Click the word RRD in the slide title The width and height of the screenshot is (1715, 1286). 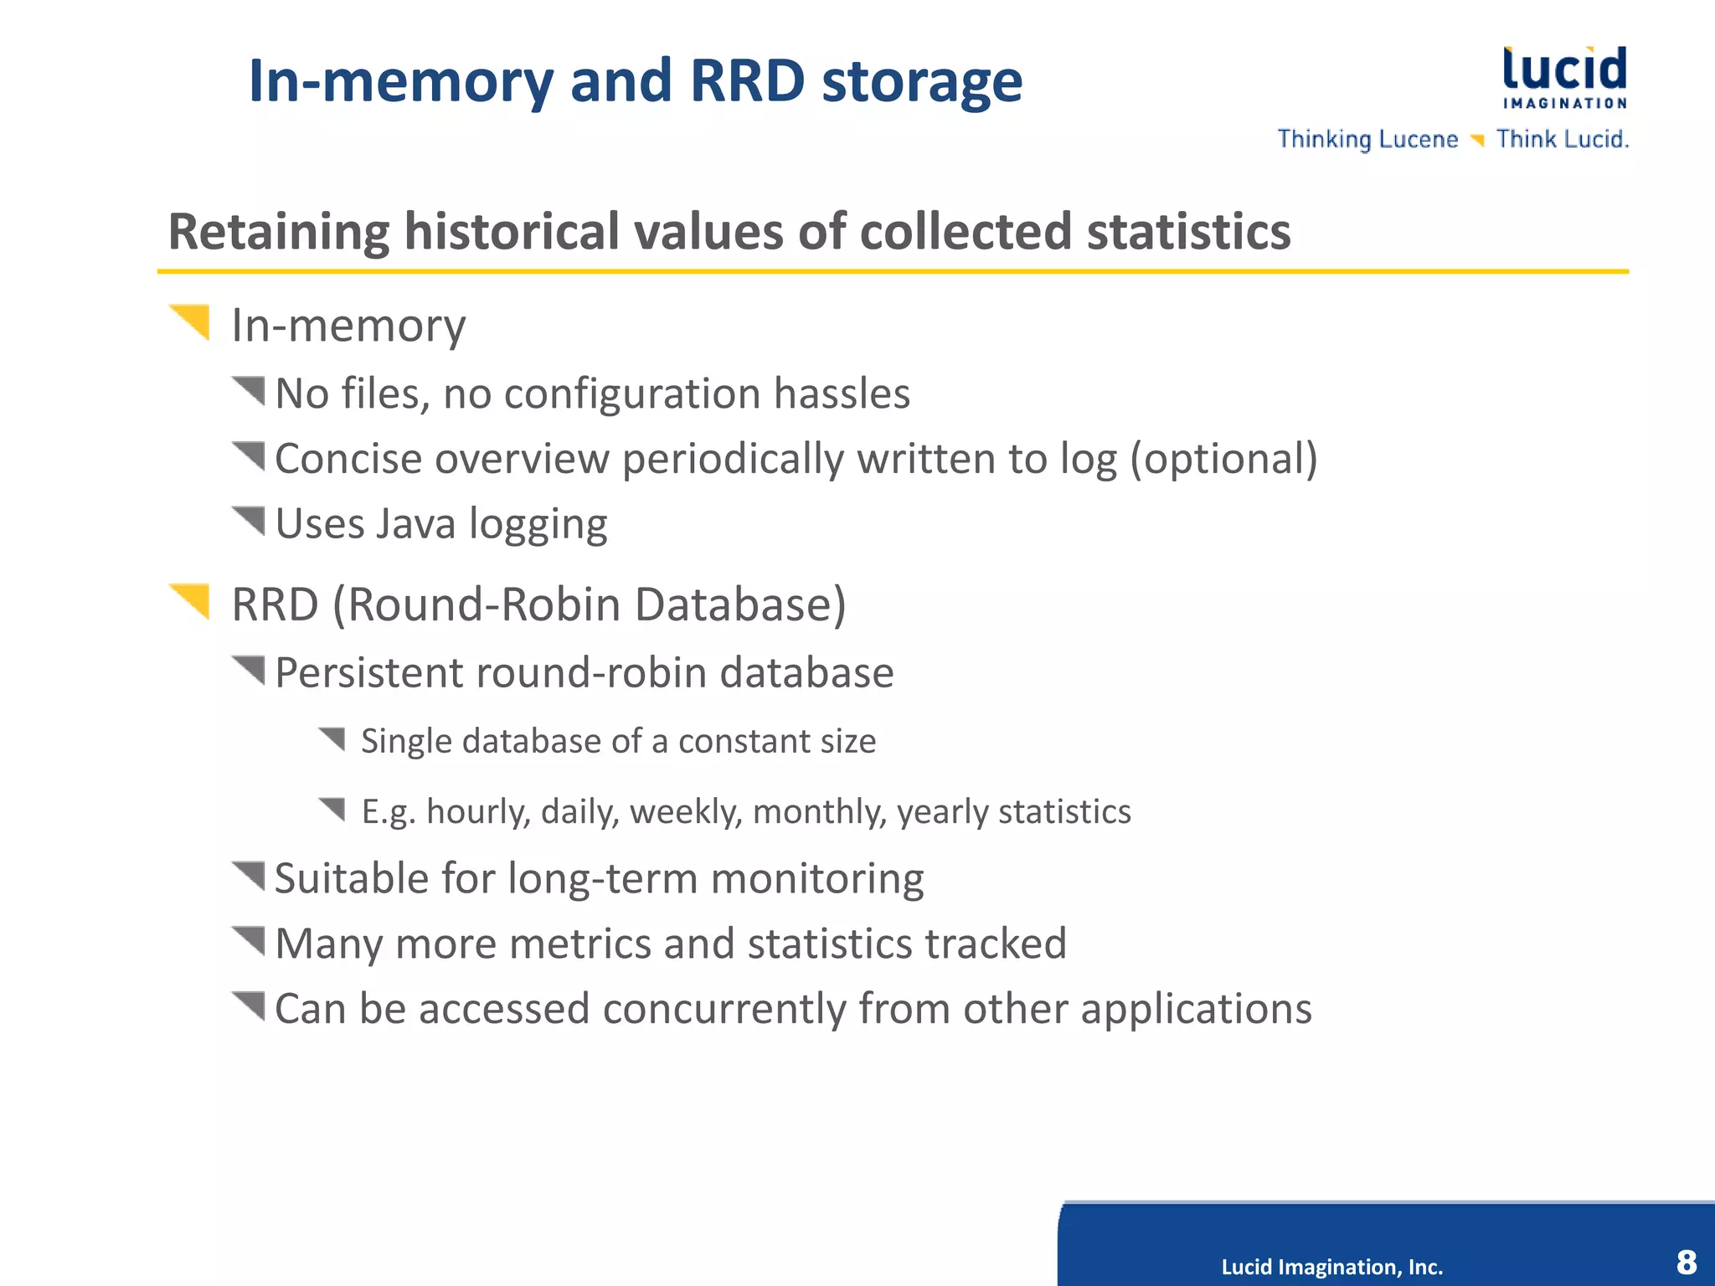[x=747, y=81]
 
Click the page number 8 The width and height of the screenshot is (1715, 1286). [x=1686, y=1261]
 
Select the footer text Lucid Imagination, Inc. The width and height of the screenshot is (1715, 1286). [x=1331, y=1267]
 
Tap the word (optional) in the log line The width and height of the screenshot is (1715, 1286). [x=1223, y=459]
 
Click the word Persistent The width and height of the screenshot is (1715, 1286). [x=368, y=673]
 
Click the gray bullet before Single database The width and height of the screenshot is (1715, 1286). [x=332, y=738]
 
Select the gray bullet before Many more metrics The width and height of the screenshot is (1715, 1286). [x=249, y=940]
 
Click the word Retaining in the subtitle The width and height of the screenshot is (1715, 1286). [x=279, y=232]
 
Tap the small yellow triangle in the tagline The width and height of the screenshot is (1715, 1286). [x=1477, y=140]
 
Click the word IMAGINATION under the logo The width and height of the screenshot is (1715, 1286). [x=1564, y=103]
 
